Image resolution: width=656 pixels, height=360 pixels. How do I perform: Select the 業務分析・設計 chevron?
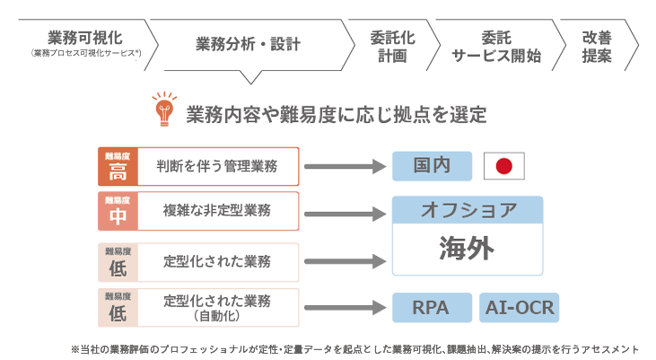coord(247,43)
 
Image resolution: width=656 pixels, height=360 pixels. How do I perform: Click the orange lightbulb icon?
coord(163,110)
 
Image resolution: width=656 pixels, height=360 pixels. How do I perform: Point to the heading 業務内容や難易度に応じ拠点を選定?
coord(337,114)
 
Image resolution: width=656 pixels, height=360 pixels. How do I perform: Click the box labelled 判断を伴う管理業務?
coord(217,165)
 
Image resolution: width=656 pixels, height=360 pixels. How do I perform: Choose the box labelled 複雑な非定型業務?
coord(217,211)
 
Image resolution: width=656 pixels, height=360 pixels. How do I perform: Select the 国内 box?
coord(432,166)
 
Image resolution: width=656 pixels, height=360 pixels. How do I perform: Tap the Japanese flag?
coord(503,166)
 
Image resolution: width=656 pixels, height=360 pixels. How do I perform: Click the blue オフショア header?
coord(468,210)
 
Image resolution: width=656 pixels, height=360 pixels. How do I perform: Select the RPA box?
coord(432,307)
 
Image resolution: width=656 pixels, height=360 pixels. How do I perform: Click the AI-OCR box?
coord(520,307)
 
